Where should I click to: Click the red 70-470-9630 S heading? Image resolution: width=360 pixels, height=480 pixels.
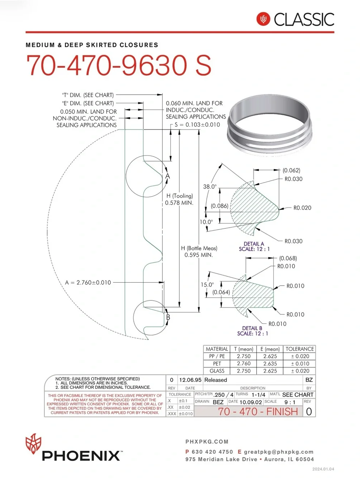(119, 65)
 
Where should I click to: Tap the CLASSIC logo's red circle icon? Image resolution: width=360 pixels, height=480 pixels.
(263, 19)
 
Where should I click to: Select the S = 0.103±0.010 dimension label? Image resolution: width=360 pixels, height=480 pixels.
(197, 125)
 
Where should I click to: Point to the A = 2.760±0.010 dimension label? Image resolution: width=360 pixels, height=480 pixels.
(88, 283)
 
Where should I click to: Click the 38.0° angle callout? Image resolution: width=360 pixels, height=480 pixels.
(210, 187)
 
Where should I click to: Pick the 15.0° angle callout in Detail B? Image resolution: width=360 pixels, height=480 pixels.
(207, 285)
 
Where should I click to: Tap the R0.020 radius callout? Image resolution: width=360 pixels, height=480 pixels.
(302, 208)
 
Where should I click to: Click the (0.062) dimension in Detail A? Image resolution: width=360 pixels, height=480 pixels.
(291, 170)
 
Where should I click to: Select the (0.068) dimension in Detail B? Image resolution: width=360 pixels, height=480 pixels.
(288, 258)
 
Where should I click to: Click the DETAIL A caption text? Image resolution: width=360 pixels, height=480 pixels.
(254, 244)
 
